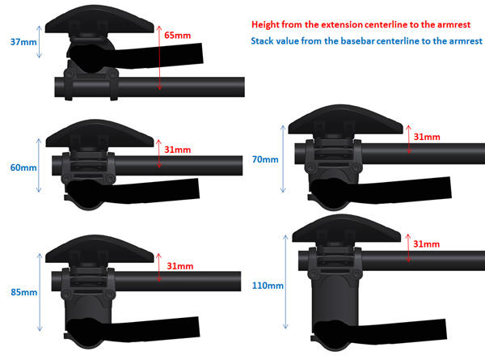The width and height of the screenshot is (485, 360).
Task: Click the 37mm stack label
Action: coord(23,42)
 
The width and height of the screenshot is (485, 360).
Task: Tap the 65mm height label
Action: coord(177,36)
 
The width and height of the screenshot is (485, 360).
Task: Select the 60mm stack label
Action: coord(23,167)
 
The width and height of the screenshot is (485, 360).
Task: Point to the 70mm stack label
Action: coord(265,159)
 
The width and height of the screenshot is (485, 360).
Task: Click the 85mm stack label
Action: coord(23,292)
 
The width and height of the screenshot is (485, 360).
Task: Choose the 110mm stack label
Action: coord(268,286)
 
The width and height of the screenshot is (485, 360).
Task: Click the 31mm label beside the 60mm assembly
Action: coord(177,150)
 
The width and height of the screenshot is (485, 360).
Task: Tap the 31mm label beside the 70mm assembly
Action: coord(427,137)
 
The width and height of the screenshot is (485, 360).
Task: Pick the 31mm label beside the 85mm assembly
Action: coord(180,266)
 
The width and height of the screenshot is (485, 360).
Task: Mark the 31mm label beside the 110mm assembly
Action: coord(427,244)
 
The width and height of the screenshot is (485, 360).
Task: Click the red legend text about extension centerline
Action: coord(361,25)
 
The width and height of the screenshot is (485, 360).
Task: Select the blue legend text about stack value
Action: coord(366,41)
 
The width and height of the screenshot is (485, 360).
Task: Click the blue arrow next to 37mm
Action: coord(39,42)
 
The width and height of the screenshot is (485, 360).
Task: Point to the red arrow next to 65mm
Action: coord(159,58)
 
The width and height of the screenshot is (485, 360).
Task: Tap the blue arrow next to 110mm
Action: coord(285,282)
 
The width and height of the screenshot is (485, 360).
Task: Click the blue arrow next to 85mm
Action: coord(40,292)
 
